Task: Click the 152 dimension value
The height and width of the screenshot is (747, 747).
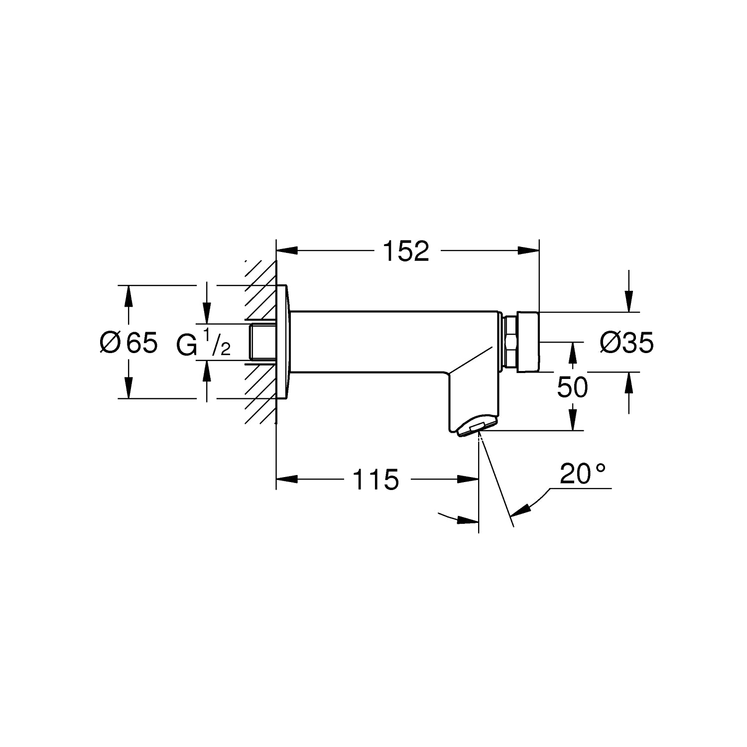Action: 406,251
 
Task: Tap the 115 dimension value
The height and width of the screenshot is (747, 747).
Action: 376,480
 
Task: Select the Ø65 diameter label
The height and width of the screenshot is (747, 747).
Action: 128,343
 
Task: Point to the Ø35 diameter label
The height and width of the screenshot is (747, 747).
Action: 627,343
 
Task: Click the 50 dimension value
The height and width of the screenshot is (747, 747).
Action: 573,387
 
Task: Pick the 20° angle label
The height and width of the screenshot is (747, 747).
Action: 583,474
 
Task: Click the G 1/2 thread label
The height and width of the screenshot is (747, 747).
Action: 204,343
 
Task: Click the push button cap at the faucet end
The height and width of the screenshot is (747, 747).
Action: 528,342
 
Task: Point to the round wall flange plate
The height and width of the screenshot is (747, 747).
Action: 283,342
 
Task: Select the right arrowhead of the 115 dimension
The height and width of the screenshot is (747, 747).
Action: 468,480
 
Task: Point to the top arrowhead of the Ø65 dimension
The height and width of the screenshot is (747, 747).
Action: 129,296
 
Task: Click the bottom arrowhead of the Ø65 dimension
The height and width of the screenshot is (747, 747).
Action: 129,388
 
